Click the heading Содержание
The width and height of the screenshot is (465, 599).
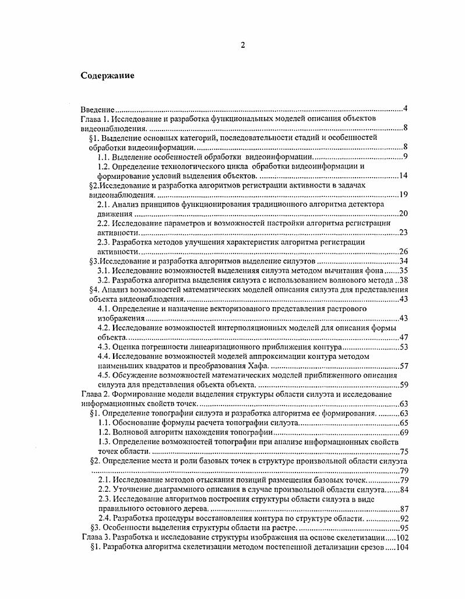[x=107, y=75]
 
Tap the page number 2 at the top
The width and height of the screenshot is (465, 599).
[x=242, y=47]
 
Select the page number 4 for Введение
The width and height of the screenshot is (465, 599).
[x=405, y=109]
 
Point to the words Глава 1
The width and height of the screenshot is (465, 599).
[x=94, y=118]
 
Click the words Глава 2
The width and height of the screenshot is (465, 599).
[x=94, y=394]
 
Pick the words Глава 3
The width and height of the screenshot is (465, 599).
[x=94, y=537]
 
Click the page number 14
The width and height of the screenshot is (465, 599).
[x=403, y=176]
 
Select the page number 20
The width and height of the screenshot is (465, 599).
[x=403, y=214]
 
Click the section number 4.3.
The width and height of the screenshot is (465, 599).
[x=103, y=347]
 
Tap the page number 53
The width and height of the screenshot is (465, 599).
[x=403, y=347]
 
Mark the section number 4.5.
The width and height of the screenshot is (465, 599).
[x=103, y=375]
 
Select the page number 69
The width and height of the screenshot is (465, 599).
[x=403, y=432]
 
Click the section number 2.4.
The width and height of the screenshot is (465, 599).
[x=103, y=517]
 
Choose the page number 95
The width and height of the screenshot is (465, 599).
[x=403, y=527]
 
